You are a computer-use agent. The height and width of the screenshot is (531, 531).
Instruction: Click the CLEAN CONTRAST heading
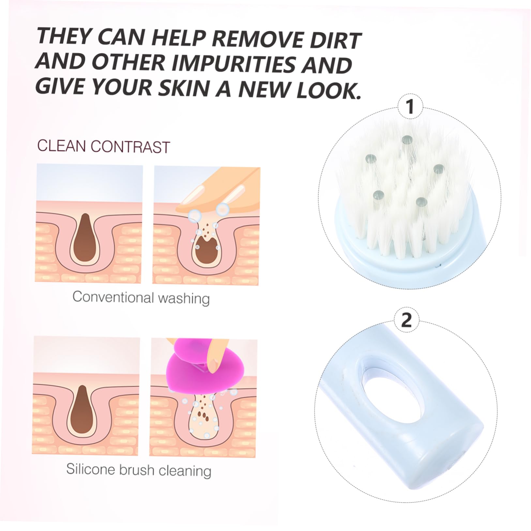(103, 146)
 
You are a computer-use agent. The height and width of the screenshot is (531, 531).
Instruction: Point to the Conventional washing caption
(141, 297)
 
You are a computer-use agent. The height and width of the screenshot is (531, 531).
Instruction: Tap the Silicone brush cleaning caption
(139, 470)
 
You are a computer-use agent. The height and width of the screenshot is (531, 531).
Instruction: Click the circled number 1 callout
(410, 107)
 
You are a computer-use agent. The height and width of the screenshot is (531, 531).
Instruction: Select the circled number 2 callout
(406, 321)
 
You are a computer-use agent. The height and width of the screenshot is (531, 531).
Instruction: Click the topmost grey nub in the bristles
(407, 140)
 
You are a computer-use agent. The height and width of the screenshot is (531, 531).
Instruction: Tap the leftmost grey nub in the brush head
(371, 159)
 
